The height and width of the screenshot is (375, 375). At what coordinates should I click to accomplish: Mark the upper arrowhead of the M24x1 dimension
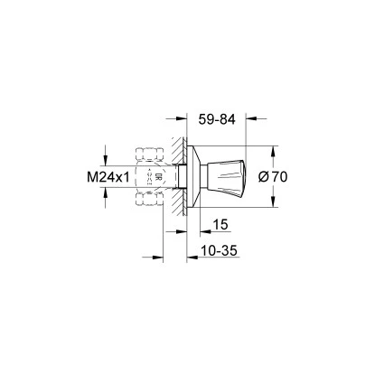point(104,151)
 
